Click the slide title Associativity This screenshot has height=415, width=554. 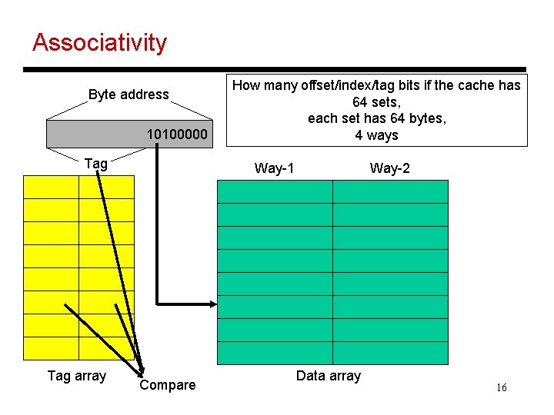tap(99, 42)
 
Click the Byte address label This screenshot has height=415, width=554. tap(128, 95)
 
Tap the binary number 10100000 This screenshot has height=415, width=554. tap(177, 135)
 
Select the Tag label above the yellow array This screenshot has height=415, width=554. tap(95, 163)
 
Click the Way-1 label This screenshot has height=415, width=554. tap(274, 168)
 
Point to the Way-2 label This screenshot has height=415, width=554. tap(389, 168)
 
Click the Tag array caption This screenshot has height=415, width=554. tap(77, 376)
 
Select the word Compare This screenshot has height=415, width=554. tap(167, 385)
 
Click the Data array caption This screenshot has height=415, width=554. tap(328, 376)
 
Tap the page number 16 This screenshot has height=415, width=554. tap(501, 388)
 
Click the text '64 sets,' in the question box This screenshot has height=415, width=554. tap(376, 102)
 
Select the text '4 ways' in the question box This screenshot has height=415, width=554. tap(376, 135)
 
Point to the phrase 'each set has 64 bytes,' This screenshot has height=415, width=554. tap(376, 118)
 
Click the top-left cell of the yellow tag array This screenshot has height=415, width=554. tap(52, 187)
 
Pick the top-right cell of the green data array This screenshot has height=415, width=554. tap(389, 191)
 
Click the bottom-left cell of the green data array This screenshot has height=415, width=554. tap(275, 353)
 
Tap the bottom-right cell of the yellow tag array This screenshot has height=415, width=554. tap(106, 348)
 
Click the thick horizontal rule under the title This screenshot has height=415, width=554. tap(274, 69)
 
